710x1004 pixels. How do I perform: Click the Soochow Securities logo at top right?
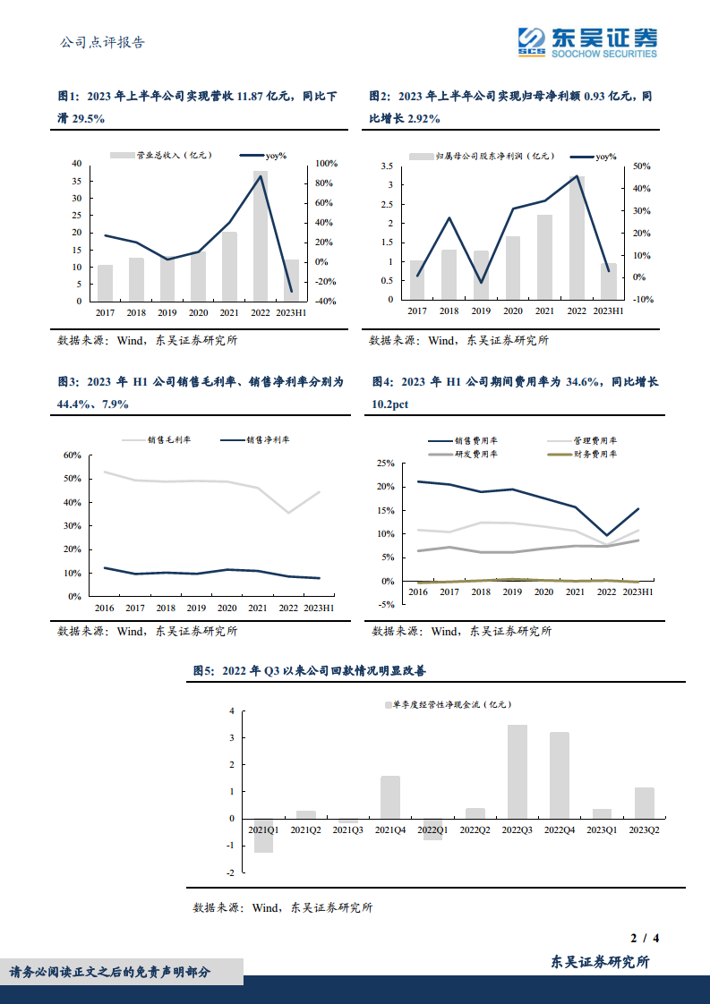click(587, 41)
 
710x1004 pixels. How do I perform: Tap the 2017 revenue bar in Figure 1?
click(106, 283)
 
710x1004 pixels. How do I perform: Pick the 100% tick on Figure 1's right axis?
click(326, 164)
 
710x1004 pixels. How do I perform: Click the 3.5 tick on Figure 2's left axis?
click(387, 166)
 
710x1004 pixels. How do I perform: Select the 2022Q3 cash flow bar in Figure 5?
click(518, 771)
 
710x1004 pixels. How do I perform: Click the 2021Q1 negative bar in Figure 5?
click(263, 835)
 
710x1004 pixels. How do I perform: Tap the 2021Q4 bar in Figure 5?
click(390, 797)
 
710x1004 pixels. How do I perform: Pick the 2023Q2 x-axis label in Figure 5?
click(644, 831)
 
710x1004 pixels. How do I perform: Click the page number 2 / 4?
click(645, 939)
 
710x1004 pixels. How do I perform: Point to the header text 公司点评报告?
click(101, 42)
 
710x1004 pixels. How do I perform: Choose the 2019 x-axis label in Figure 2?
click(481, 311)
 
